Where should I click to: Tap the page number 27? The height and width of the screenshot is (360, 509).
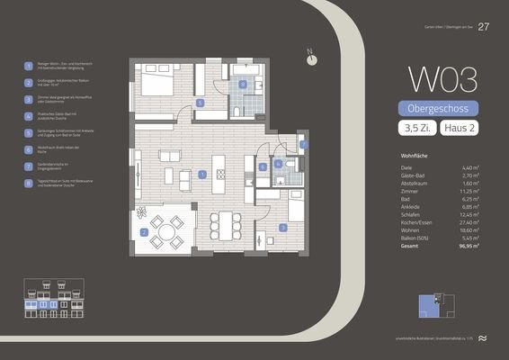[484, 25]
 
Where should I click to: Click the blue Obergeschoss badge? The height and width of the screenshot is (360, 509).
[438, 109]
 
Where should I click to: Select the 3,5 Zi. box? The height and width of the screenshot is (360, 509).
[415, 130]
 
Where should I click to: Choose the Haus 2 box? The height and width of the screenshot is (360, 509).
[460, 130]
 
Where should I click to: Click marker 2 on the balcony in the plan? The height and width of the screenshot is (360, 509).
[144, 232]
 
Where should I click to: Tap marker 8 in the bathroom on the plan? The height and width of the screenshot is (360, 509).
[242, 85]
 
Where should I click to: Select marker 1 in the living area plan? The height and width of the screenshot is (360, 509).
[202, 174]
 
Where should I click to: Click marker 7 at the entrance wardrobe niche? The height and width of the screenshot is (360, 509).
[303, 144]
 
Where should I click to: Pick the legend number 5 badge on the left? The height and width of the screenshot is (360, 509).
[29, 132]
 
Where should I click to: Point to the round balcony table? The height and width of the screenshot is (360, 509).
[166, 232]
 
